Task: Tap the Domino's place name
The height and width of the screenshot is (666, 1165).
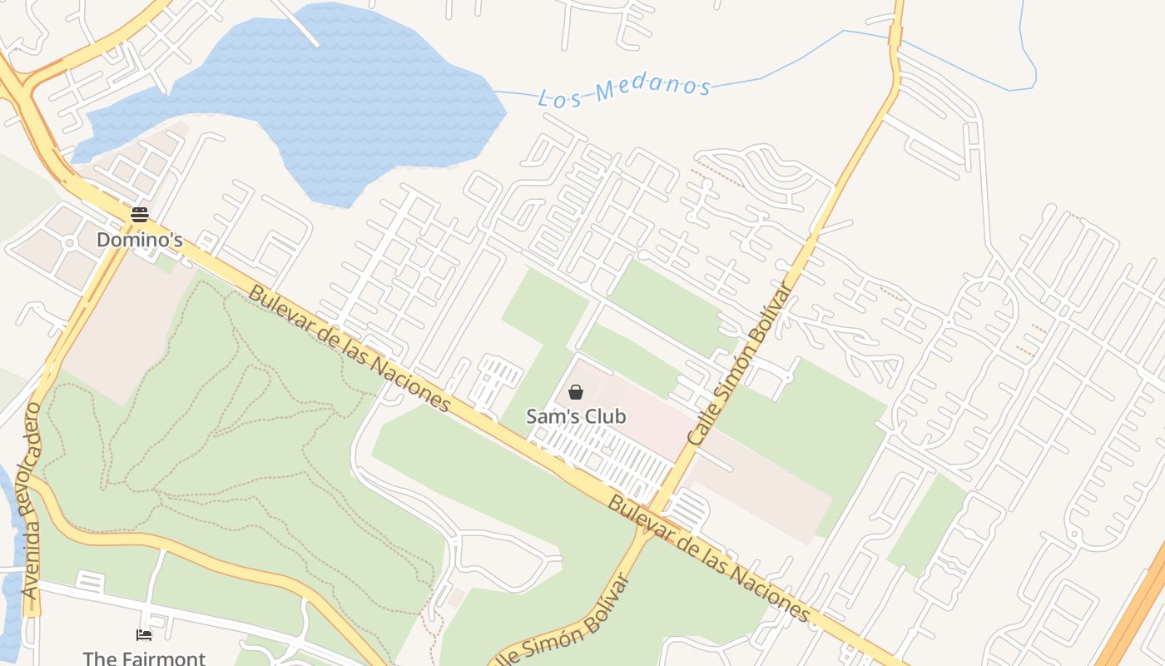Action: [x=139, y=240]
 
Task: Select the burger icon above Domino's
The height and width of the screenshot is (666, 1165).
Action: [x=139, y=215]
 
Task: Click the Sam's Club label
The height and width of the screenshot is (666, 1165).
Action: [x=576, y=416]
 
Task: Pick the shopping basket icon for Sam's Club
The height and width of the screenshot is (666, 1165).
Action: [x=576, y=392]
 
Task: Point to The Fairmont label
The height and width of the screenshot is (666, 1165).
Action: [x=144, y=658]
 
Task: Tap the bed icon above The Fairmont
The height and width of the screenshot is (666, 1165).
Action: [x=144, y=636]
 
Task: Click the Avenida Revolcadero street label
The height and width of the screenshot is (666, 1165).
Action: [x=32, y=501]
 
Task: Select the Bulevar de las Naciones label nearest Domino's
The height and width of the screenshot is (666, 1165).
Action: [x=349, y=350]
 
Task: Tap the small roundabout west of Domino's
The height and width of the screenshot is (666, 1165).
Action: [x=70, y=242]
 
